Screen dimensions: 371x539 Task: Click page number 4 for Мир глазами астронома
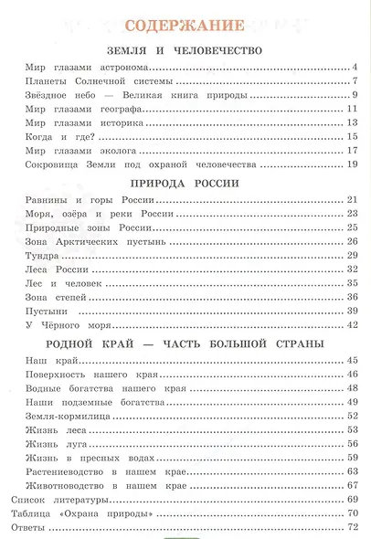coord(353,68)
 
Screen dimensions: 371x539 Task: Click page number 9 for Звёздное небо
coord(353,96)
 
